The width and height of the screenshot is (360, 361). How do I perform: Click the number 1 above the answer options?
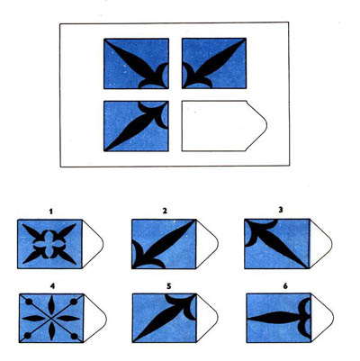(51, 212)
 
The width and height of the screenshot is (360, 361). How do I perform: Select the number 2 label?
(165, 211)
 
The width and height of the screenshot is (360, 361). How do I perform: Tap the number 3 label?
(281, 210)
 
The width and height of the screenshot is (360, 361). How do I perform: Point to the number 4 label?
(52, 286)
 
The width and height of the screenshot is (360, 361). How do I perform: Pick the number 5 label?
(169, 286)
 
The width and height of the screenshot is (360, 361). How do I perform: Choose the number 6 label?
(285, 286)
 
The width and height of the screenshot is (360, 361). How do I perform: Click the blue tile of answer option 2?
(164, 244)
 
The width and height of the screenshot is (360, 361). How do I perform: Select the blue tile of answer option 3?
(277, 244)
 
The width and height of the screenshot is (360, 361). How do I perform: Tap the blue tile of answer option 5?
(165, 318)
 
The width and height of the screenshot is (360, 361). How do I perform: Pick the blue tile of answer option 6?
(279, 318)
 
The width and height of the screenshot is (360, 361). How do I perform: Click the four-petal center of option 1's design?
(49, 244)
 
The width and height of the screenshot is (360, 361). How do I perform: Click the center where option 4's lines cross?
(51, 318)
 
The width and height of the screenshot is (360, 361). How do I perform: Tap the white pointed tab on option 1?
(92, 244)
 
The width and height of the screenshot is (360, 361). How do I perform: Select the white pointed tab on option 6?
(321, 318)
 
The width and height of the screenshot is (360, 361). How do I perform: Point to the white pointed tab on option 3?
(320, 244)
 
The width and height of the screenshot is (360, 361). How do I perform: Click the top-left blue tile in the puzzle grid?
(136, 64)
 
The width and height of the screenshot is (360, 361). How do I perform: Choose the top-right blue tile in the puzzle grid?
(214, 63)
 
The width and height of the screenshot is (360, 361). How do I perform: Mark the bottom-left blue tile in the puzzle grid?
(136, 126)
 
